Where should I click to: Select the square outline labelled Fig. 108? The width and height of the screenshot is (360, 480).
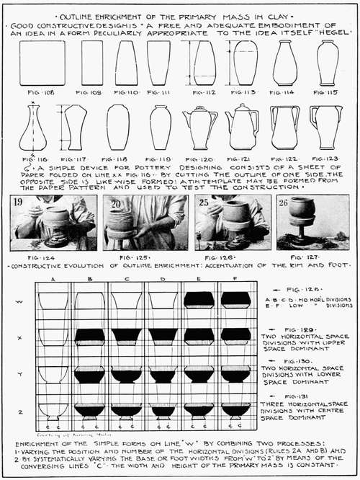pos(41,63)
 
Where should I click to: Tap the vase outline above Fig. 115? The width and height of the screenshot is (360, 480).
pos(328,63)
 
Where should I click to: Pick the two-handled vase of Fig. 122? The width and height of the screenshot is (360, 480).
pos(285,128)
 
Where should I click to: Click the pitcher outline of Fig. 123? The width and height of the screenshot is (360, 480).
pos(325,127)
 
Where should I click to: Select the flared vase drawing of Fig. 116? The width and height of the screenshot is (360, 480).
pos(32,128)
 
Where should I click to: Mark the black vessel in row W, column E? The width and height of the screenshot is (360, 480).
pos(199,300)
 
